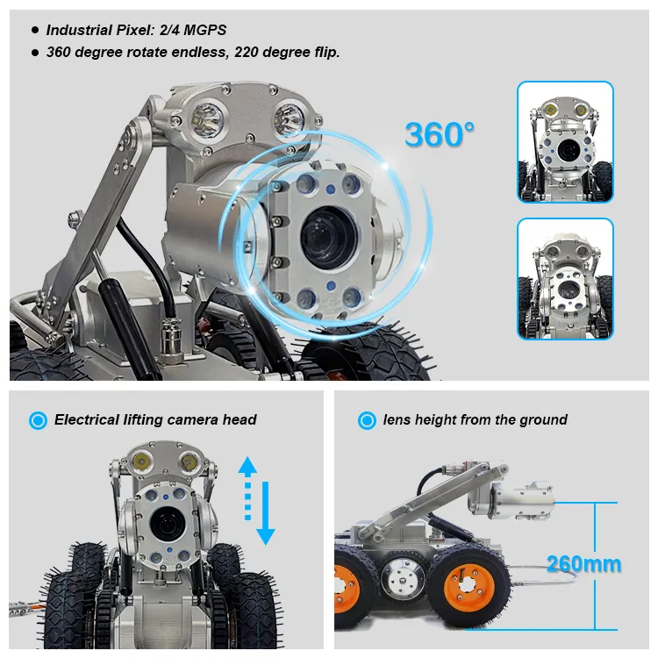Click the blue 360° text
tap(440, 134)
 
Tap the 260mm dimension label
tap(583, 563)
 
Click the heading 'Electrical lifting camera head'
tap(155, 419)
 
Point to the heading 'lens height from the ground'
tap(475, 419)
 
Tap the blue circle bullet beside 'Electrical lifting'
tap(38, 420)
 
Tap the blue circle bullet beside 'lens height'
tap(367, 420)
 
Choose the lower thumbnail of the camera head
tap(564, 278)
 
